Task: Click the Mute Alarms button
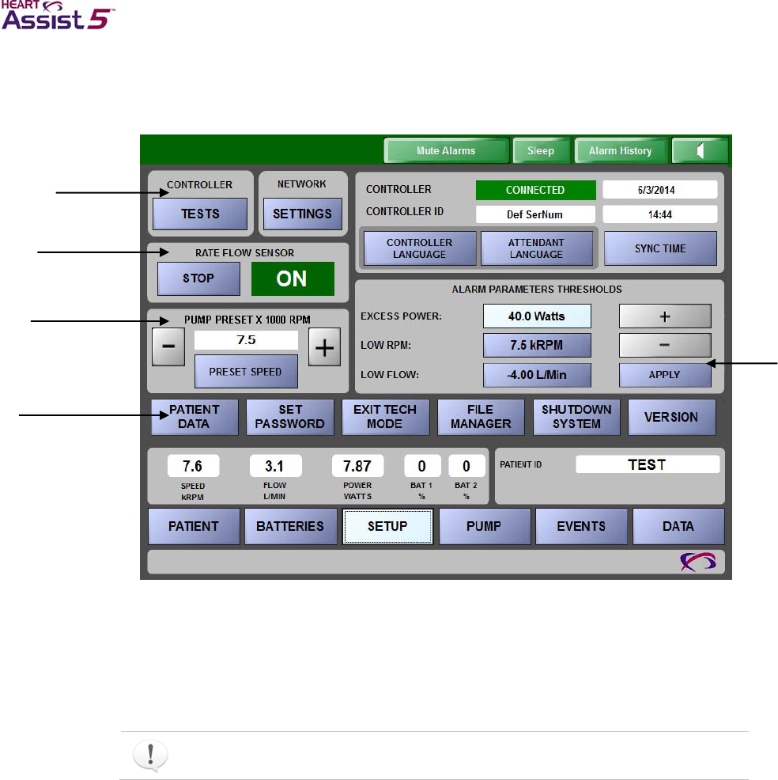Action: [446, 150]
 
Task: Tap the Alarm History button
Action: [620, 150]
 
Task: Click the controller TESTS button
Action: [200, 214]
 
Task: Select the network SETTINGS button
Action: [302, 214]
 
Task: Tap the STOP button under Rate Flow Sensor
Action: [198, 278]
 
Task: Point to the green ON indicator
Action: [293, 278]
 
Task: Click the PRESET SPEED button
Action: [245, 371]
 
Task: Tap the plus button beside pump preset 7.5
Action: [324, 349]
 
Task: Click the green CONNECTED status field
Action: [535, 190]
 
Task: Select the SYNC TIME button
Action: [660, 248]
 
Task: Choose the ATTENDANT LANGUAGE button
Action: [536, 248]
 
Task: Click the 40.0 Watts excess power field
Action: [537, 316]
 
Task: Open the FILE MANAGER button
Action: [481, 417]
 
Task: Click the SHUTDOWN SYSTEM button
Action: [576, 417]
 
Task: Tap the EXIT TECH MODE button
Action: [385, 417]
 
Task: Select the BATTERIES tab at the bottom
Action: [290, 526]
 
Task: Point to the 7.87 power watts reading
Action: [357, 465]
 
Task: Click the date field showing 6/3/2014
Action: [659, 190]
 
